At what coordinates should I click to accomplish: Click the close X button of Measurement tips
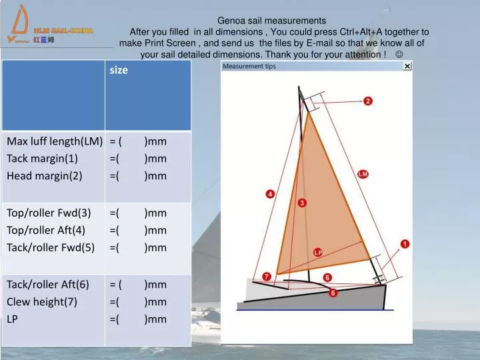coord(407,66)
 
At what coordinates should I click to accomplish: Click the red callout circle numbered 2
coord(367,101)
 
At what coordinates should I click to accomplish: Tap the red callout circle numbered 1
coord(405,245)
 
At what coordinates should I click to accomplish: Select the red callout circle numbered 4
coord(270,194)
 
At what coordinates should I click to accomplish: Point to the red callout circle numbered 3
coord(302,203)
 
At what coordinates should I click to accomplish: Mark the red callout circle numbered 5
coord(333,292)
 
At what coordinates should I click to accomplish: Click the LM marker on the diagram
coord(363,174)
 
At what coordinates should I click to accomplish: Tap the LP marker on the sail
coord(318,253)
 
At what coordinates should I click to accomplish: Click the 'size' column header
coord(119,70)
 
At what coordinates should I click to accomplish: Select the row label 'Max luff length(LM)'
coord(54,141)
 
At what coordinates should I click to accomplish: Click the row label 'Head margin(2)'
coord(44,176)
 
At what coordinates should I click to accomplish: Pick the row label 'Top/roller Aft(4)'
coord(46,230)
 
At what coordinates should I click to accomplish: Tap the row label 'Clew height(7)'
coord(42,301)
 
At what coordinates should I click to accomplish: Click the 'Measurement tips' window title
coord(249,66)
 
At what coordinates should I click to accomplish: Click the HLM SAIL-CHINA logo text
coord(63,31)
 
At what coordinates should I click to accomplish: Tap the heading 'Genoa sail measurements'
coord(272,21)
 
